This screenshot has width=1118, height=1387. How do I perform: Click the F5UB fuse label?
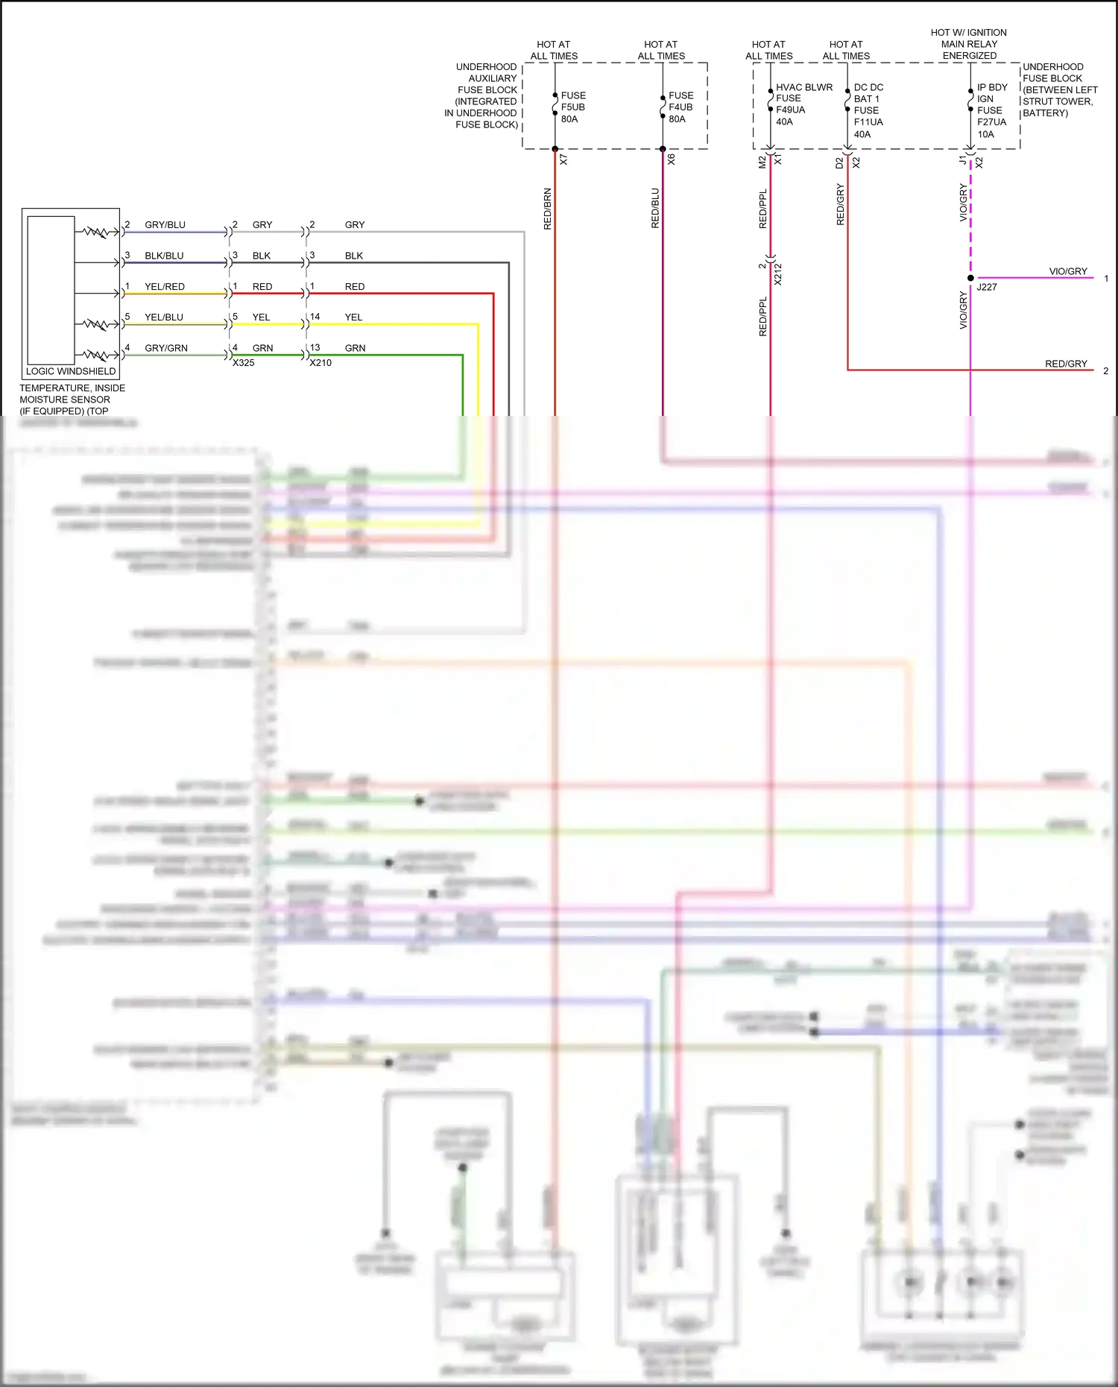[x=572, y=107]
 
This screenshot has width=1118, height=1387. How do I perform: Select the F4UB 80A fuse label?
[x=680, y=107]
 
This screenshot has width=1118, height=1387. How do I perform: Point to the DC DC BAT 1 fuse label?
[x=868, y=110]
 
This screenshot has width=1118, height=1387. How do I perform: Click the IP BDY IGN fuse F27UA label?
[x=991, y=110]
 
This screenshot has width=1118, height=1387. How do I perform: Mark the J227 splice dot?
[x=970, y=278]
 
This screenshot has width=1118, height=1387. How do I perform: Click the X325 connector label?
[x=244, y=363]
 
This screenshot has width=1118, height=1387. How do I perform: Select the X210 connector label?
[x=320, y=363]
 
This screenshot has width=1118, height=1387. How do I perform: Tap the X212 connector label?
[x=777, y=274]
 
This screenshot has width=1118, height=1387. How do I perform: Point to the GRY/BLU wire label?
[x=165, y=225]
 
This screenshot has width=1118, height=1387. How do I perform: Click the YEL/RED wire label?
[x=165, y=287]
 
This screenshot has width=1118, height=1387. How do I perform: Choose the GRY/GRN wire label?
[x=166, y=348]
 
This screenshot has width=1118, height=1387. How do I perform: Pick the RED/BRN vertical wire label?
[x=548, y=209]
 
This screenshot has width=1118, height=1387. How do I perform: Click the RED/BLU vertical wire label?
[x=655, y=208]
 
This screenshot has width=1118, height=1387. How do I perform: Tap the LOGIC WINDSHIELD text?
[x=71, y=371]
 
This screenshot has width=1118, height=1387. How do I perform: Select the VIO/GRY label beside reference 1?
[x=1068, y=271]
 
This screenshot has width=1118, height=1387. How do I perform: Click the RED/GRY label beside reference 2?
[x=1066, y=364]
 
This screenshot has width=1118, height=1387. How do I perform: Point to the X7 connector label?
[x=564, y=159]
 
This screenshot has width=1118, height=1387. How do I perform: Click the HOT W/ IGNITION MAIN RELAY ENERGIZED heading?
[x=968, y=44]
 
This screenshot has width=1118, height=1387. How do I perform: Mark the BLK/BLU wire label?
[x=164, y=256]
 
